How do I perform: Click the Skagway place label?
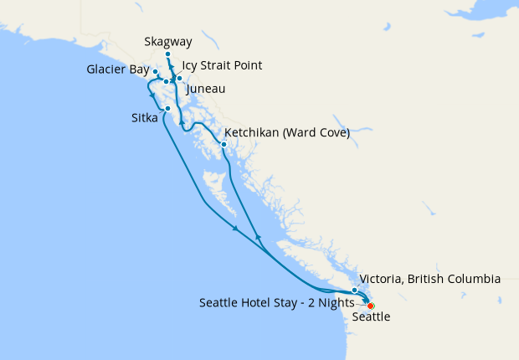point(168,40)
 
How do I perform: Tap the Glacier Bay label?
point(117,69)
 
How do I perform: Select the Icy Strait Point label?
point(222,65)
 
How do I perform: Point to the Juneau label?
point(206,88)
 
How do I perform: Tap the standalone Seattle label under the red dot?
point(371,317)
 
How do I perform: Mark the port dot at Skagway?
point(168,54)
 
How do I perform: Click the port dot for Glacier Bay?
point(156,72)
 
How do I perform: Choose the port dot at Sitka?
point(168,108)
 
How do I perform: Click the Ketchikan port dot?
point(224,144)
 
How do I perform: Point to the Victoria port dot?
point(355,290)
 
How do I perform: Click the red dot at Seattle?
point(371,306)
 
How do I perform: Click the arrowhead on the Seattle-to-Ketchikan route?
point(258,239)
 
